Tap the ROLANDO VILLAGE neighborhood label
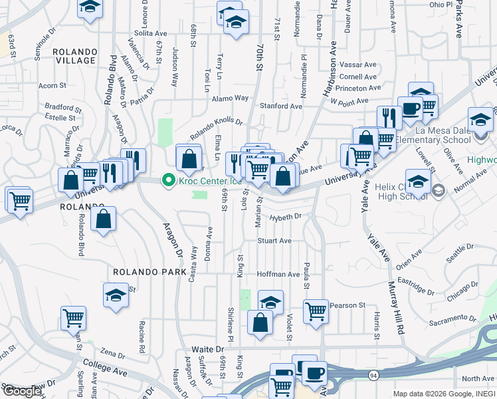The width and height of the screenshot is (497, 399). (74, 56)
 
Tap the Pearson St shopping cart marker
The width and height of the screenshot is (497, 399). (316, 311)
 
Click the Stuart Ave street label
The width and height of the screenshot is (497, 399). (274, 241)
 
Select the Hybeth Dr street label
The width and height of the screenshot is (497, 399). (286, 217)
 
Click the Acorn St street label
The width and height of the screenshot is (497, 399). (52, 86)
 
